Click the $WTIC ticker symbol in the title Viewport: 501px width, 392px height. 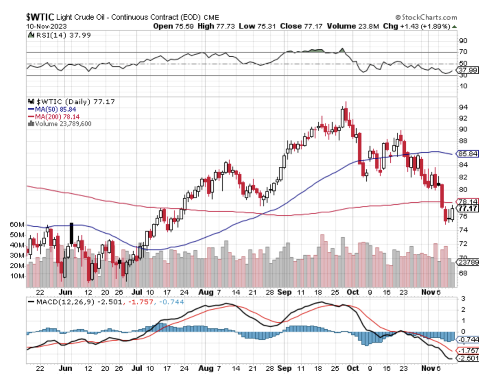pyautogui.click(x=40, y=17)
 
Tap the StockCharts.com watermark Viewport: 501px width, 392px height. pyautogui.click(x=427, y=17)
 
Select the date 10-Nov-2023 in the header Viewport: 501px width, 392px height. pyautogui.click(x=46, y=26)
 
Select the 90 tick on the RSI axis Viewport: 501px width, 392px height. pyautogui.click(x=463, y=41)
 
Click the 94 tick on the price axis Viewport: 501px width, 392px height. pyautogui.click(x=463, y=107)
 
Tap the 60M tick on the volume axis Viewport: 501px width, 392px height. pyautogui.click(x=17, y=224)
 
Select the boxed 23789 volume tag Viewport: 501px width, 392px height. pyautogui.click(x=468, y=262)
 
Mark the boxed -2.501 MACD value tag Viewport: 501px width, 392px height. pyautogui.click(x=468, y=358)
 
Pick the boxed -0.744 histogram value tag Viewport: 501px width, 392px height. pyautogui.click(x=468, y=340)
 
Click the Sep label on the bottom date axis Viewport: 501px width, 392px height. pyautogui.click(x=284, y=368)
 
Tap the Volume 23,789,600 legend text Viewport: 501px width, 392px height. pyautogui.click(x=60, y=124)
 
